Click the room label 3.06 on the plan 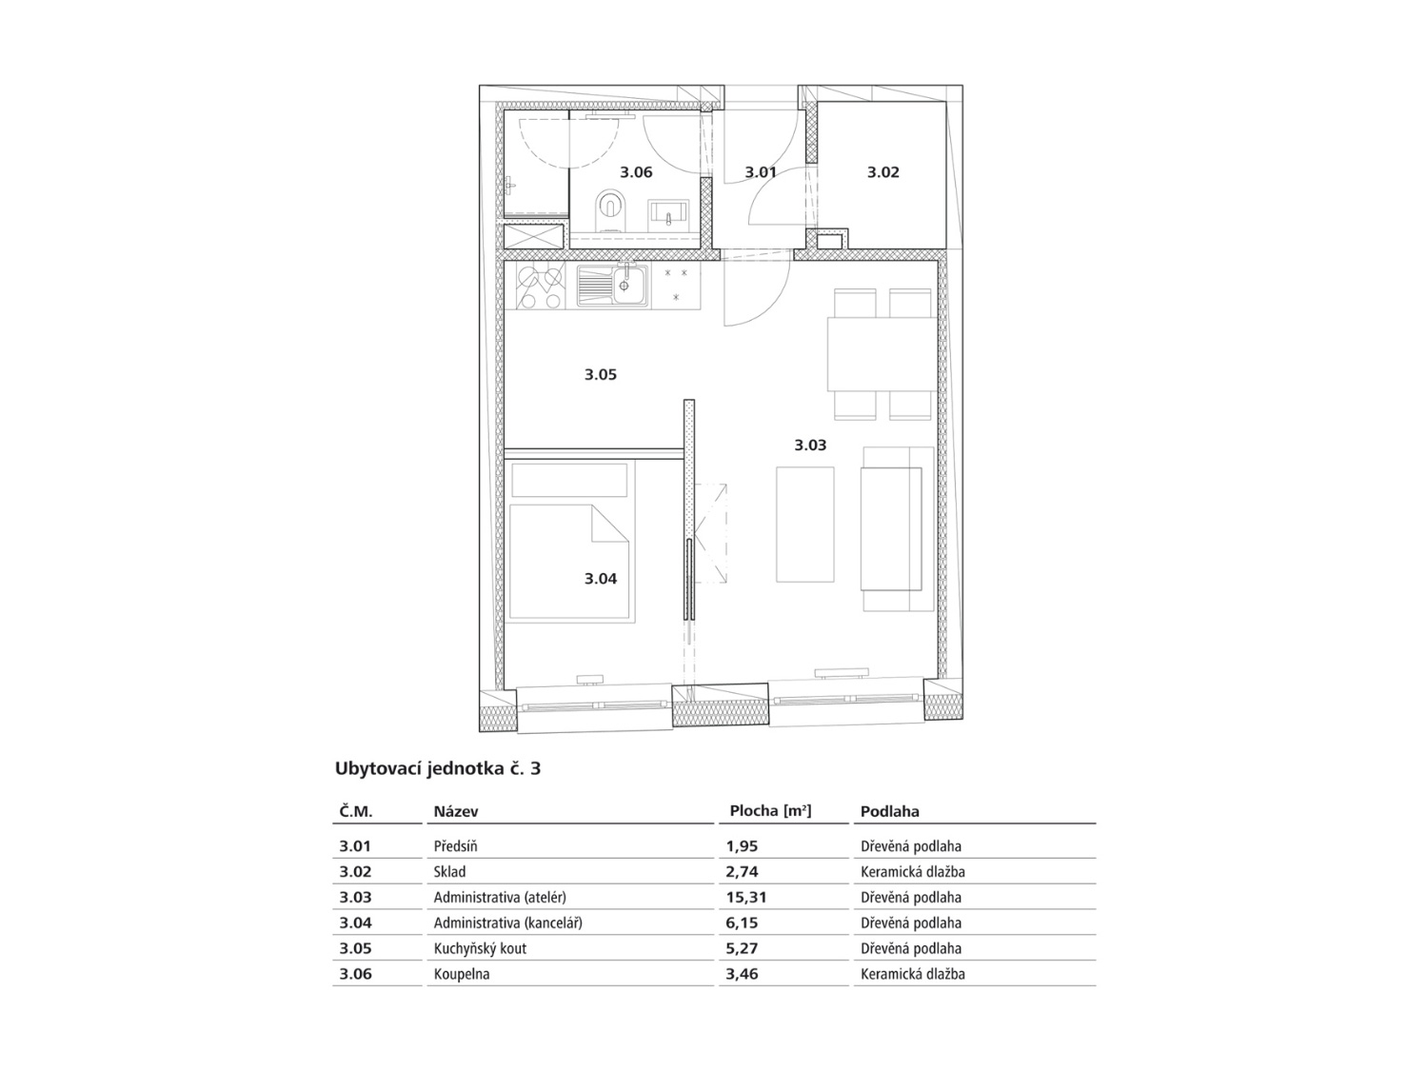point(636,172)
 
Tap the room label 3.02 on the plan point(883,172)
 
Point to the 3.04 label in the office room point(600,579)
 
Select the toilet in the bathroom point(610,210)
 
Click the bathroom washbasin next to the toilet point(667,212)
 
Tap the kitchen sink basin point(611,286)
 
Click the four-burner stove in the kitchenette point(540,287)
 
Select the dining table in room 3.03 point(882,354)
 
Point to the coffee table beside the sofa point(804,525)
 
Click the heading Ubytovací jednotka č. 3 point(437,768)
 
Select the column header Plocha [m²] point(770,811)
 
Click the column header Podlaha point(889,811)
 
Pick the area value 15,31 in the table point(746,898)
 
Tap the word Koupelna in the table point(462,974)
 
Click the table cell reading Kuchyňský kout point(480,949)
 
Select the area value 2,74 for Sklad point(743,872)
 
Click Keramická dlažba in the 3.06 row point(913,974)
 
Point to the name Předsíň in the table point(455,846)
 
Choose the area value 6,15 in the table point(743,922)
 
